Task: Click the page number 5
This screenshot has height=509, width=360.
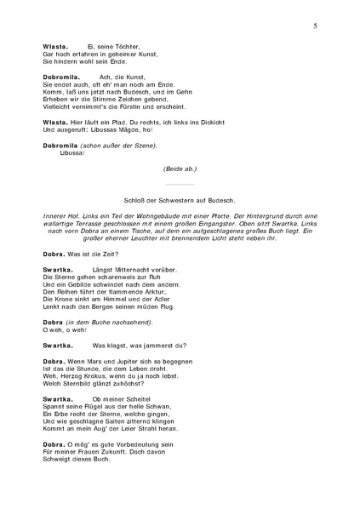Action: (x=315, y=27)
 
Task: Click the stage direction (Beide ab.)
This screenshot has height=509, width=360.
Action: (x=180, y=169)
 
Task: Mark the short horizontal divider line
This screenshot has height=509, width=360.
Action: (x=180, y=183)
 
